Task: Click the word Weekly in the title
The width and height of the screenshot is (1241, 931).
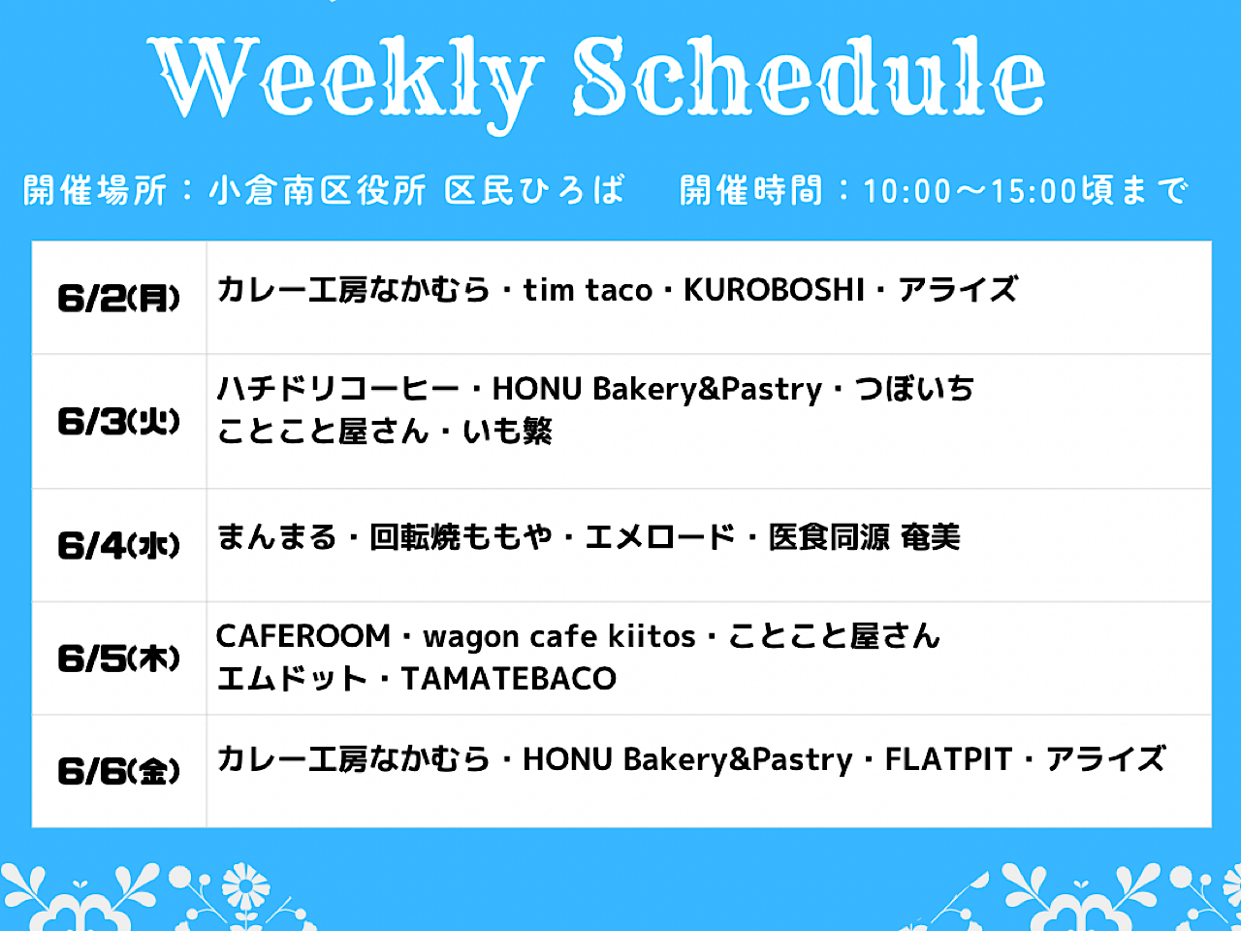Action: coord(345,82)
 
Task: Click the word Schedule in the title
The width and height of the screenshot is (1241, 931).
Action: coord(810,76)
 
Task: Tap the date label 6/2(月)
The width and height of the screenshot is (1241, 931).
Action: coord(118,298)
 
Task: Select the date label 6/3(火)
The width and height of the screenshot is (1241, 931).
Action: coord(118,421)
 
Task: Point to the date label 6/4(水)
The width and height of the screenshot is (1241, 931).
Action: coord(118,545)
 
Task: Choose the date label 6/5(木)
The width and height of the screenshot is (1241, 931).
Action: coord(118,658)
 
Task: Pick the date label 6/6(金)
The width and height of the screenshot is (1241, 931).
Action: coord(118,770)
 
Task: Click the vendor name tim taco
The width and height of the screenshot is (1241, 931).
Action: coord(588,290)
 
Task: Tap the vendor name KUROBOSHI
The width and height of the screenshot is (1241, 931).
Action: coord(774,290)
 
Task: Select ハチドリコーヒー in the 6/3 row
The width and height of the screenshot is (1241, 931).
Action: coord(337,389)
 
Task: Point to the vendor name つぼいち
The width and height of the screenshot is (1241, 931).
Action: coord(914,389)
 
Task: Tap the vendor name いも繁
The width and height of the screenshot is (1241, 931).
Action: coord(507,432)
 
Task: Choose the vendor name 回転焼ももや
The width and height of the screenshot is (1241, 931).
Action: coord(461,537)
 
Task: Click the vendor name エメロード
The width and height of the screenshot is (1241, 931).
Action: coord(660,537)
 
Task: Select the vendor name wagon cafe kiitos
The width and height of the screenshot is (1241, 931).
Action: coord(559,637)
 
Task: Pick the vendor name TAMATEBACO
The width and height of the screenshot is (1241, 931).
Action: coord(508,678)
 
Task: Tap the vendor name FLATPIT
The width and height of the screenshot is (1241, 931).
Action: coord(948,758)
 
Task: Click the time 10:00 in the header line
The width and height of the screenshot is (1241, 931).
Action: coord(907,191)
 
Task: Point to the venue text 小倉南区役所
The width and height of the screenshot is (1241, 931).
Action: coord(317,190)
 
